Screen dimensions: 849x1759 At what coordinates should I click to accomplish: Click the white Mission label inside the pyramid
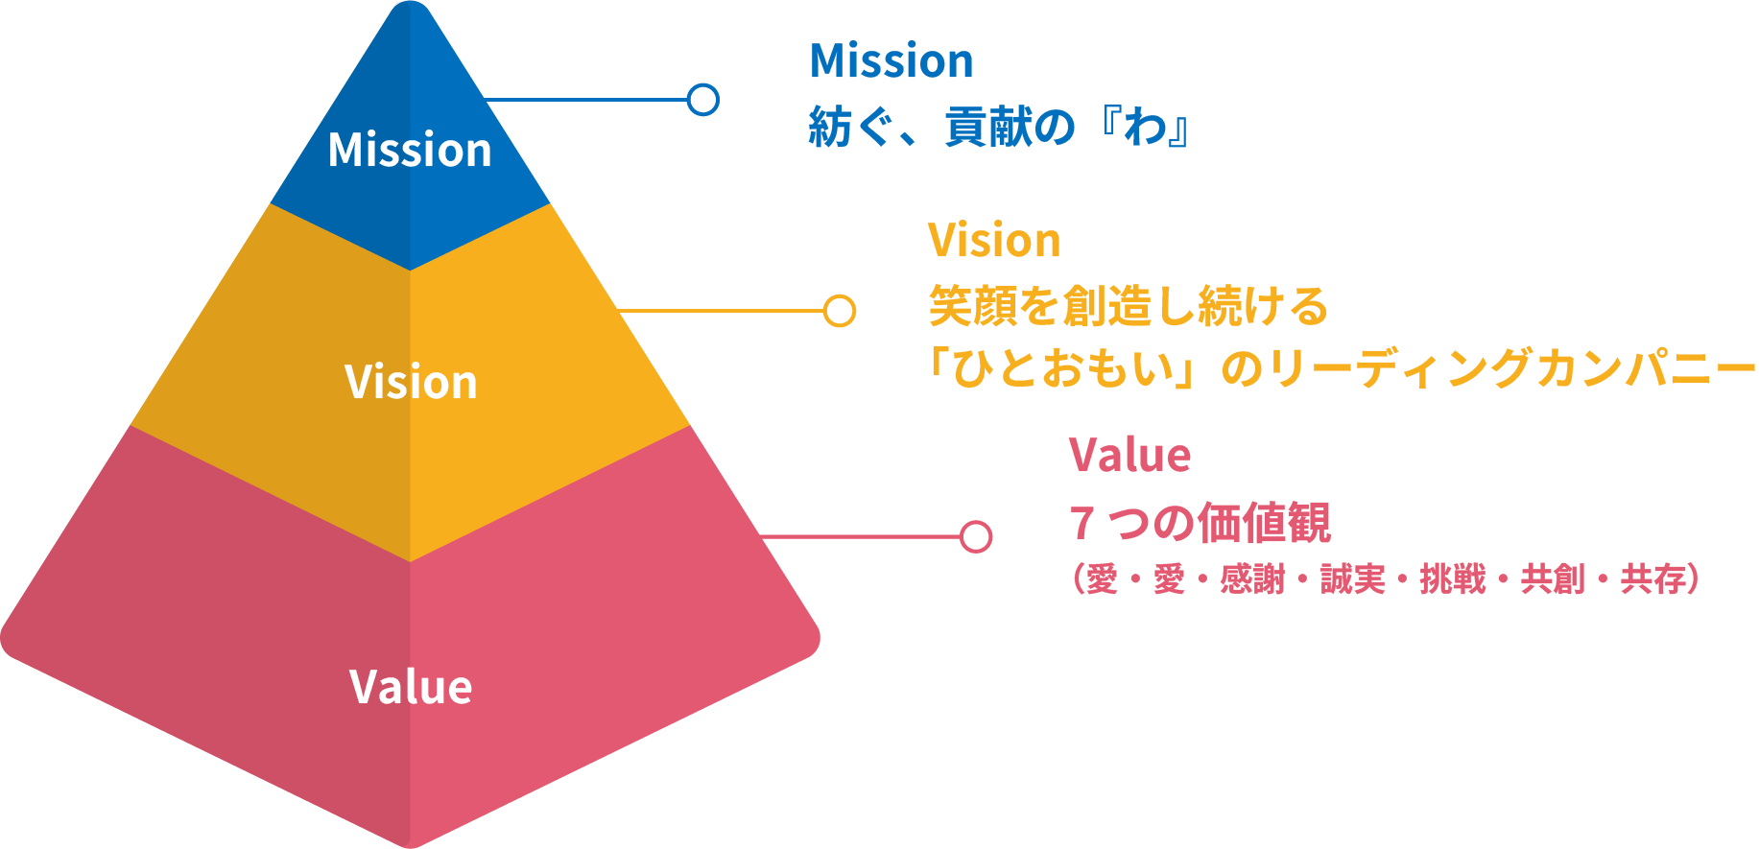point(410,151)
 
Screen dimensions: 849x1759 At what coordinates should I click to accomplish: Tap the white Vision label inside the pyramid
point(411,382)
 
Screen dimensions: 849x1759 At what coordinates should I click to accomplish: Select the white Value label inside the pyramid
point(411,687)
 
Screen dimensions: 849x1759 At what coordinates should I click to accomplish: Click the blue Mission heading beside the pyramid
point(891,62)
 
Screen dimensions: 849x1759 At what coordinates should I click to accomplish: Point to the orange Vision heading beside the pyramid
point(994,241)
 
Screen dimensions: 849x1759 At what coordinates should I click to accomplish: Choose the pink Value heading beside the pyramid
point(1129,455)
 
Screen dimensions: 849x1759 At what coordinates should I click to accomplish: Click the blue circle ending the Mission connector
point(703,100)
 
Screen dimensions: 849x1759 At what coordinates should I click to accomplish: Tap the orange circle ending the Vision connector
point(840,311)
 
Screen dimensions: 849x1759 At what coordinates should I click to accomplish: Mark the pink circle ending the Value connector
point(976,537)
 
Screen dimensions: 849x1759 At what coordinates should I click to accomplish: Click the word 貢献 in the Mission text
point(978,128)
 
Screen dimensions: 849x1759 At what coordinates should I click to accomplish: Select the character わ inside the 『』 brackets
point(1146,128)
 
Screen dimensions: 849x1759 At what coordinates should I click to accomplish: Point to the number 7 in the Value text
point(1082,524)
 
